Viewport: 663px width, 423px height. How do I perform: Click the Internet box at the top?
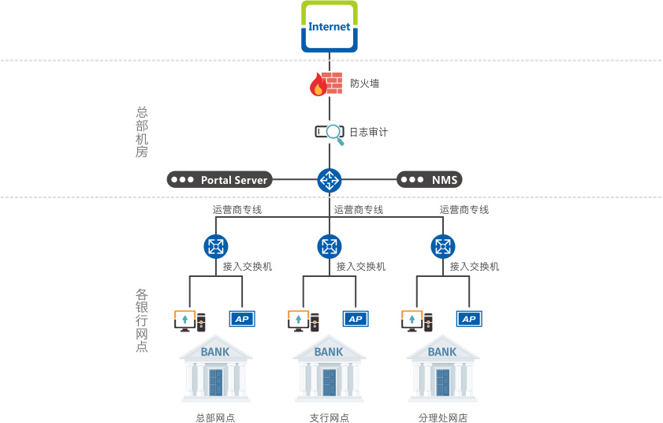330,27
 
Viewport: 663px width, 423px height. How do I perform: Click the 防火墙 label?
364,83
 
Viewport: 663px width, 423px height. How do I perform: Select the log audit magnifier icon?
330,133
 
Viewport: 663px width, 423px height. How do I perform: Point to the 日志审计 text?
368,133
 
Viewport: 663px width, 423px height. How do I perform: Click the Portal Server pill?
218,180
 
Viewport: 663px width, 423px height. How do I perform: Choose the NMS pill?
429,180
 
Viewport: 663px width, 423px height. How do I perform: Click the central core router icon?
330,180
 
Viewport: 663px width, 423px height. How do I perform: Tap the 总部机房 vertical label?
142,133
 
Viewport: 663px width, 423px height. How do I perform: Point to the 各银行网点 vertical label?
142,320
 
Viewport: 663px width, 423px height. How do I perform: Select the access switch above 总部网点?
215,246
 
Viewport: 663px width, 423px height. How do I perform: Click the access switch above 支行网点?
330,246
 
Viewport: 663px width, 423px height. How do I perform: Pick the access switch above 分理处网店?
443,246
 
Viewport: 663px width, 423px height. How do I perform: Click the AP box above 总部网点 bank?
242,319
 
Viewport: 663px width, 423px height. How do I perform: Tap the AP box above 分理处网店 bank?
469,319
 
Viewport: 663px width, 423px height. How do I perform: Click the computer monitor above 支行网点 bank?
298,320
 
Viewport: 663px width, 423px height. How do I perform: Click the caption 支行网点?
329,418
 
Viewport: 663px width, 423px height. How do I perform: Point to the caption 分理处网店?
442,418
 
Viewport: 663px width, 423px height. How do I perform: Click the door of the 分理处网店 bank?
442,382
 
